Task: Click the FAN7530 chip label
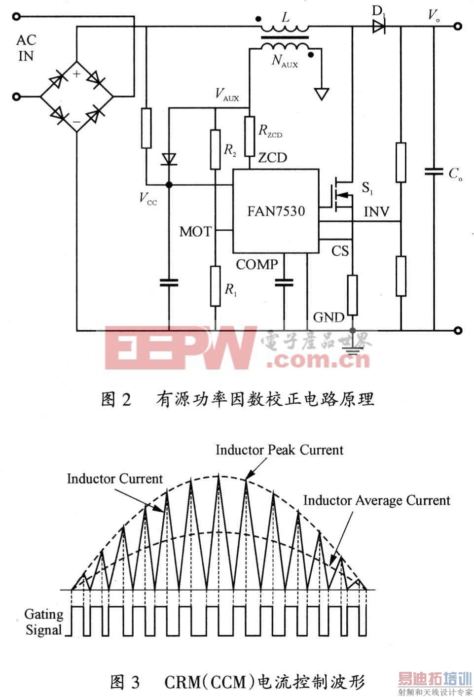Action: click(x=276, y=211)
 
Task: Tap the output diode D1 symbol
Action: click(x=379, y=27)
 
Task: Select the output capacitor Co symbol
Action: click(x=434, y=172)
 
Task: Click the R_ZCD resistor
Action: click(x=250, y=136)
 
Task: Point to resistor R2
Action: click(x=215, y=150)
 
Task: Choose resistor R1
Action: click(x=215, y=286)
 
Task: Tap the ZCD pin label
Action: click(x=272, y=158)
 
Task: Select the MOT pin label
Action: click(x=196, y=232)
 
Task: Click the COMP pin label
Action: click(x=257, y=265)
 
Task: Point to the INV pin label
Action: click(x=376, y=212)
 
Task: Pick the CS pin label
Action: click(x=340, y=251)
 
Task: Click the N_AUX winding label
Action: click(x=285, y=61)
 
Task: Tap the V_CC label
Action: click(x=148, y=198)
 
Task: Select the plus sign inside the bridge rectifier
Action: click(x=76, y=74)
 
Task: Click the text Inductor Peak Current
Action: click(x=279, y=450)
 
